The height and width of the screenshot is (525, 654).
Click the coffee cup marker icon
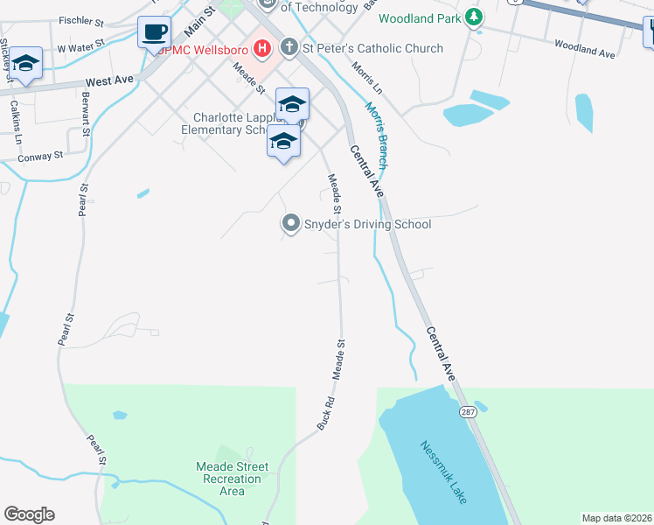155,33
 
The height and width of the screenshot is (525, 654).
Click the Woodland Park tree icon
473,17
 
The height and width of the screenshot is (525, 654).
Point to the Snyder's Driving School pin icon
290,224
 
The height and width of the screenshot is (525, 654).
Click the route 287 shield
470,411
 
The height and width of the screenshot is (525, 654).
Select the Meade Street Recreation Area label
232,479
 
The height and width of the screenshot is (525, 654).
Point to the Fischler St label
81,19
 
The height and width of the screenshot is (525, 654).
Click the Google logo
29,514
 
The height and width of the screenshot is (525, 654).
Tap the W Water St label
80,44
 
